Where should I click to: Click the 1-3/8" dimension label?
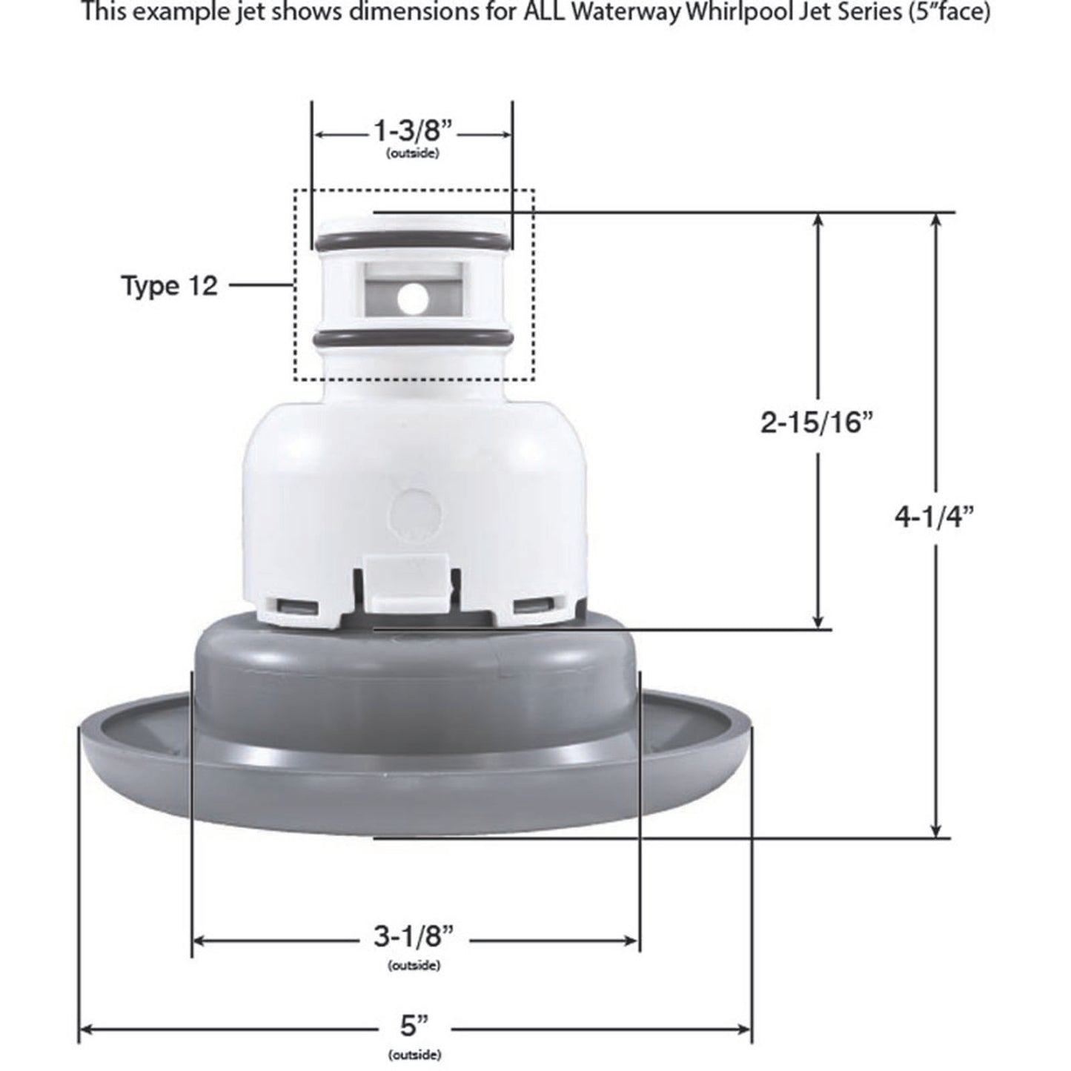413,133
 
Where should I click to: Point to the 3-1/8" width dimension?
412,938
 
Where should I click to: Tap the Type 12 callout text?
170,285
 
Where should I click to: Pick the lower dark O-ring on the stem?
412,339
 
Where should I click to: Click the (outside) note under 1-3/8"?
413,154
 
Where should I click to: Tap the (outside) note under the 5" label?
414,1054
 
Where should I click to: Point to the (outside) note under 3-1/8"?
413,965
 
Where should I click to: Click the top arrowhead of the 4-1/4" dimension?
937,221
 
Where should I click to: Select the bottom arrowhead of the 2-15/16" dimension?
818,621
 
